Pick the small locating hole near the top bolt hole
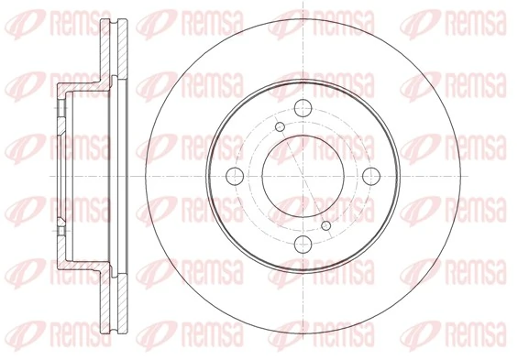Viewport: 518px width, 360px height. click(x=278, y=125)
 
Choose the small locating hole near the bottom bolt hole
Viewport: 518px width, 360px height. click(x=325, y=224)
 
